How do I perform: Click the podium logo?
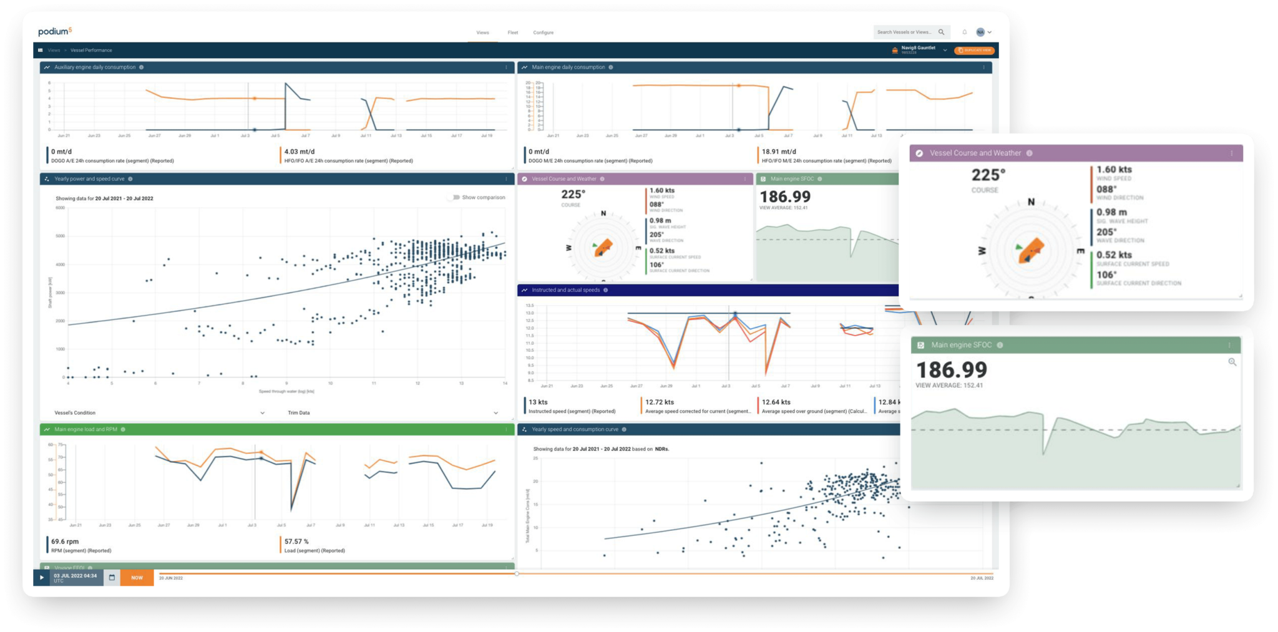[55, 31]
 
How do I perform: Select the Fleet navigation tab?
[512, 32]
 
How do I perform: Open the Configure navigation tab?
[543, 32]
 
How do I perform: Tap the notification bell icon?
[964, 32]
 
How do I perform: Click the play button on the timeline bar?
[42, 577]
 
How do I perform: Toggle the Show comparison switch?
[455, 197]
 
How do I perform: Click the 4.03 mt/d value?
[300, 152]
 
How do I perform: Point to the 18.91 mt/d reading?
[778, 152]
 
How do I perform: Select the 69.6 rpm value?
[65, 542]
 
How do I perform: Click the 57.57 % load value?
[296, 542]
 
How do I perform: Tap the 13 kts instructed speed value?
[538, 402]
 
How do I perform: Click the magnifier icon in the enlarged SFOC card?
[1232, 362]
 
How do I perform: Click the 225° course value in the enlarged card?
[988, 175]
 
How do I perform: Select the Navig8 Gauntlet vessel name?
[918, 48]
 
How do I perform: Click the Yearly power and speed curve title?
[89, 179]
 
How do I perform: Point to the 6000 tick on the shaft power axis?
[61, 208]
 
